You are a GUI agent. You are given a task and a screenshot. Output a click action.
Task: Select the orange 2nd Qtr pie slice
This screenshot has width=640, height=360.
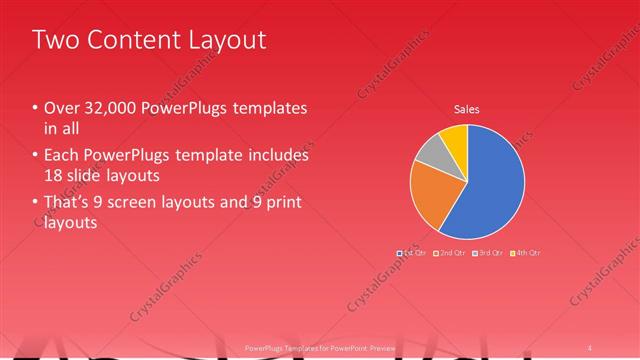[436, 196]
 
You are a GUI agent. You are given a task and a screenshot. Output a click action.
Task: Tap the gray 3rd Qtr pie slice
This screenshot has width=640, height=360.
[430, 151]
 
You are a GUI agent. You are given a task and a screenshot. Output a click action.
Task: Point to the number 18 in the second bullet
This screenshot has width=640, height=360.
[54, 175]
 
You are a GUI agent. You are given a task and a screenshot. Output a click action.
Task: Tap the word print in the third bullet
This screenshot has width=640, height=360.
[283, 204]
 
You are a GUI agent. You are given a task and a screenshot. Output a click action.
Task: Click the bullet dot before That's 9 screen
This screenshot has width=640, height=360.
[35, 204]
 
